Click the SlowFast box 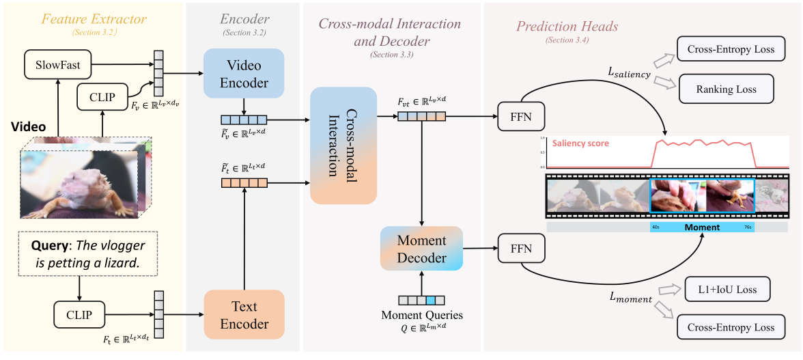58,66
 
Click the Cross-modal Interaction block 343,146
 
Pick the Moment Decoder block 422,249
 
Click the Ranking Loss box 725,89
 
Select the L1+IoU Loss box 727,290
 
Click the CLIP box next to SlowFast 102,97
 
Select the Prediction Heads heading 567,27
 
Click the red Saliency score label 580,143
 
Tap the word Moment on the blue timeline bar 701,227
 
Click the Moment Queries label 421,315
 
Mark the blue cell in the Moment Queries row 430,299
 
